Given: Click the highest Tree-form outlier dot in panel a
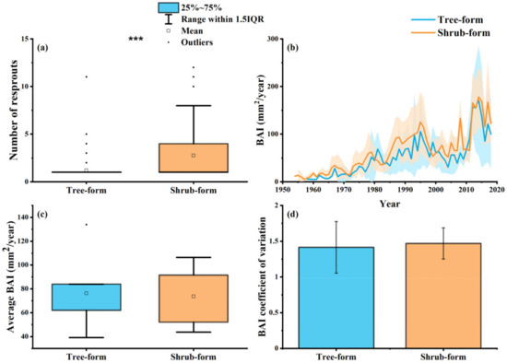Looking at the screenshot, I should [87, 76].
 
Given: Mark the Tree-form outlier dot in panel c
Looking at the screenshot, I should [87, 224].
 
